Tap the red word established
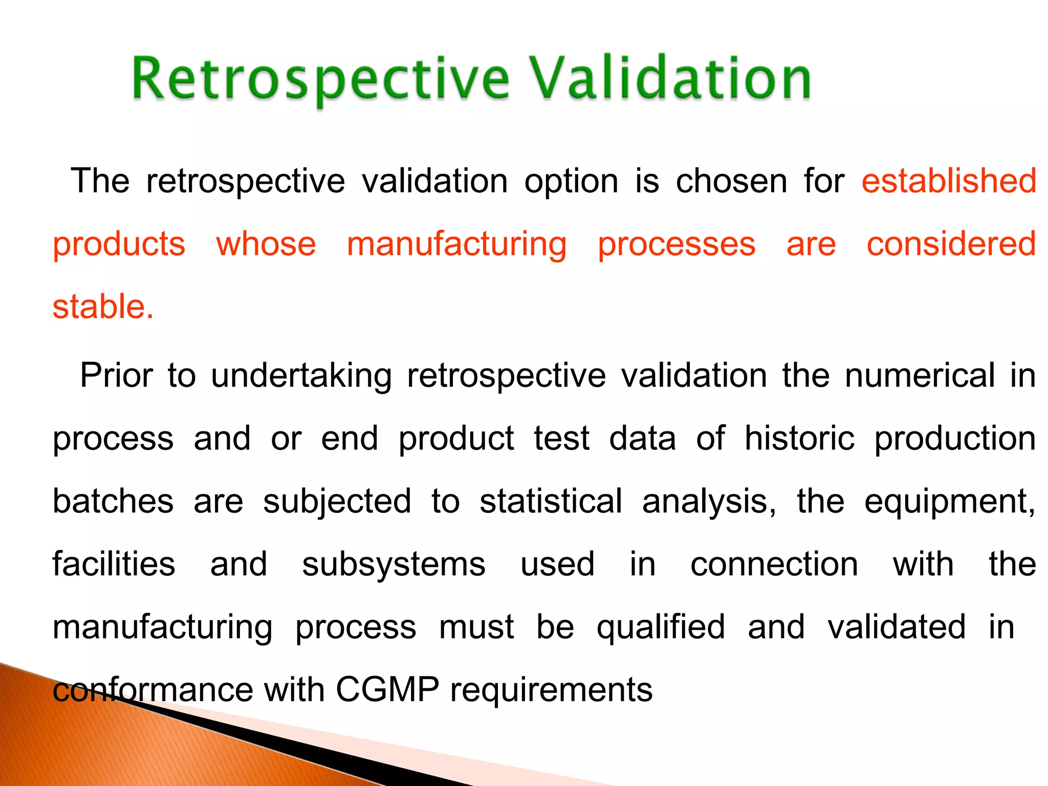tap(949, 181)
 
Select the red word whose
tap(266, 244)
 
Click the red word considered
tap(951, 244)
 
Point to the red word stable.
tap(103, 307)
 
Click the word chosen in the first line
tap(731, 181)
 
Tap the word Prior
tap(116, 376)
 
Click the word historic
tap(799, 439)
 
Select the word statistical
tap(551, 501)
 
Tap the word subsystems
tap(394, 565)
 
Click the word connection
tap(774, 564)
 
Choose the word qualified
tap(661, 628)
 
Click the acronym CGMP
tap(387, 690)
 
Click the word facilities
tap(114, 564)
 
